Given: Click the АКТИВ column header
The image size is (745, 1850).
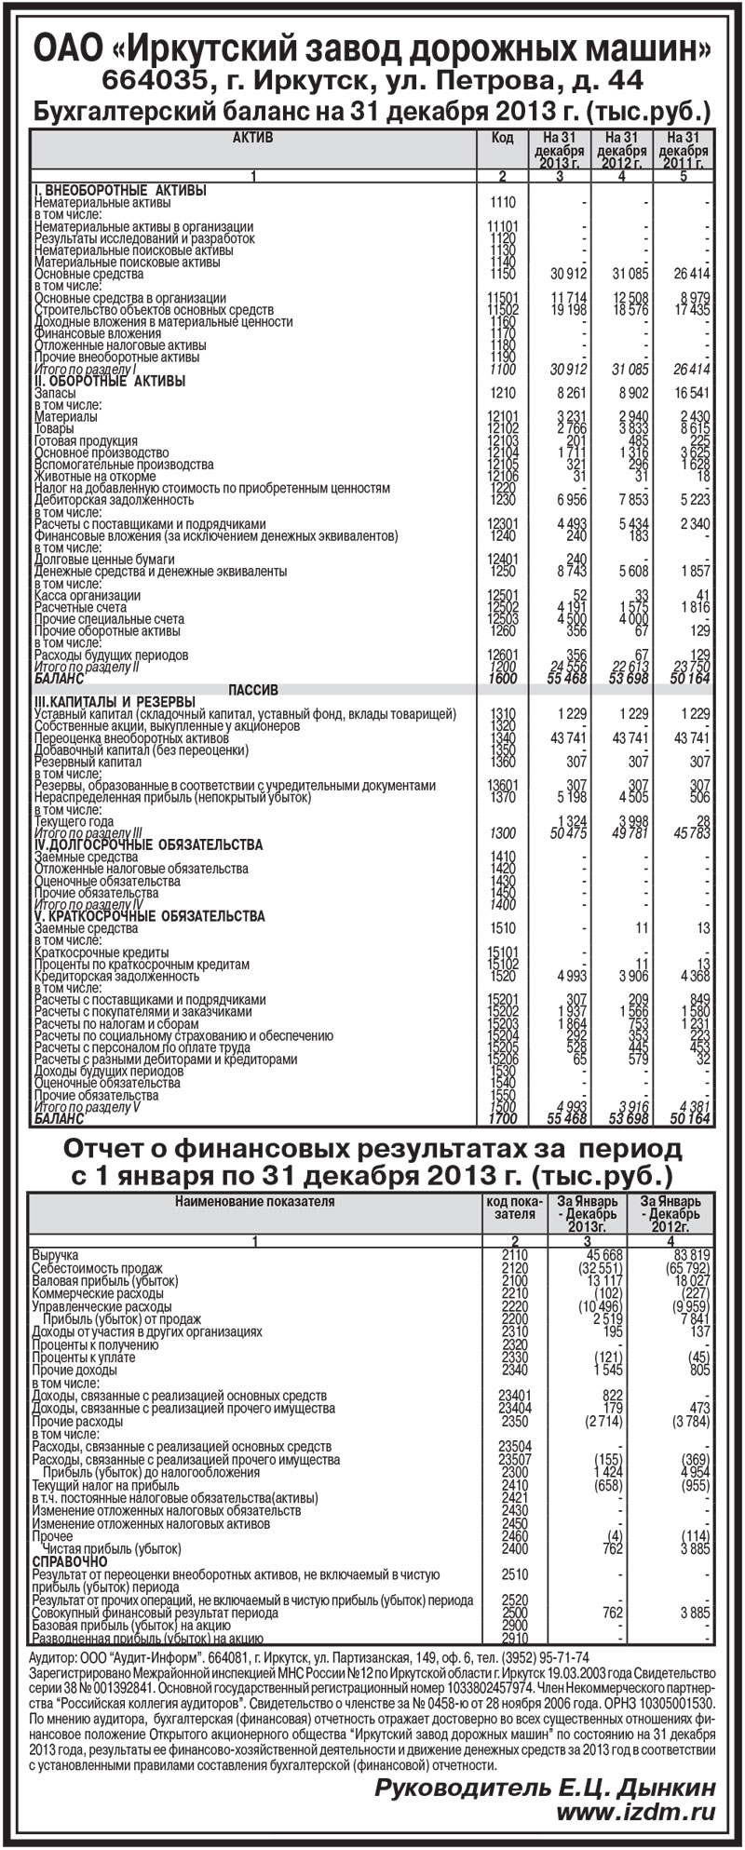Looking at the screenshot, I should coord(252,138).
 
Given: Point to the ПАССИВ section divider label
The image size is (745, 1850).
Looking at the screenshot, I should coord(253,690).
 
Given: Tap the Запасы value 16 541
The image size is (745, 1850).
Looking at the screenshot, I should coord(689,394).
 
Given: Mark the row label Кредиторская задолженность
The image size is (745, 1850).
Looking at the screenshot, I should coord(115,977).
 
